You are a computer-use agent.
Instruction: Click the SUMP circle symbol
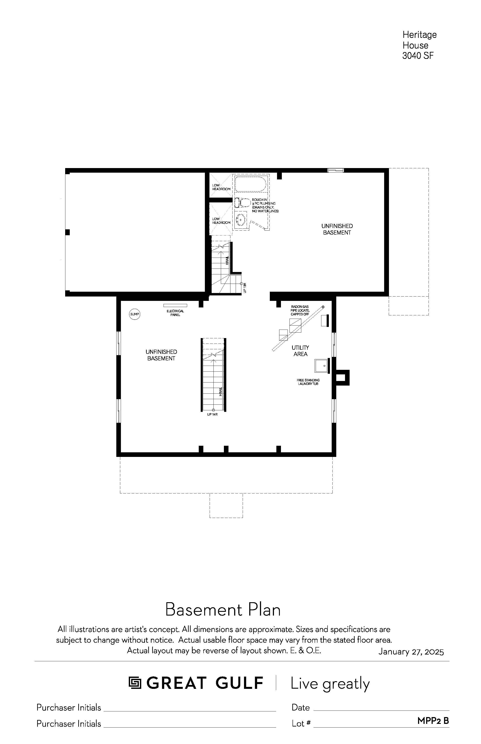click(x=135, y=314)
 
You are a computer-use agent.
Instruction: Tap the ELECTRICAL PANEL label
click(x=175, y=313)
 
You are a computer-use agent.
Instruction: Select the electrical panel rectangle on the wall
click(x=175, y=305)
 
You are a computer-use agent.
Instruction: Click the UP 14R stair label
click(x=212, y=414)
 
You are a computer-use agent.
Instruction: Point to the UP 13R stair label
click(x=245, y=288)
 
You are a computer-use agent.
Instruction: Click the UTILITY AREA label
click(x=300, y=351)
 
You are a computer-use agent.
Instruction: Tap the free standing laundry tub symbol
click(x=322, y=366)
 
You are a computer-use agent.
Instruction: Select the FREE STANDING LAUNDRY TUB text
click(x=308, y=382)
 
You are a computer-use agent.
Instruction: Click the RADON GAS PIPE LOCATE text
click(x=300, y=309)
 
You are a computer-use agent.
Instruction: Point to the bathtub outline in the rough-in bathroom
click(x=251, y=184)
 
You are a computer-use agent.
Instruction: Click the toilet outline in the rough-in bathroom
click(x=243, y=203)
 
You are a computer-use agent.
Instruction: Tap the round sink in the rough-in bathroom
click(x=241, y=219)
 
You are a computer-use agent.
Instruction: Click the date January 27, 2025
click(x=411, y=652)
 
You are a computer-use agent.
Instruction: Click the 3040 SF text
click(x=418, y=56)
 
